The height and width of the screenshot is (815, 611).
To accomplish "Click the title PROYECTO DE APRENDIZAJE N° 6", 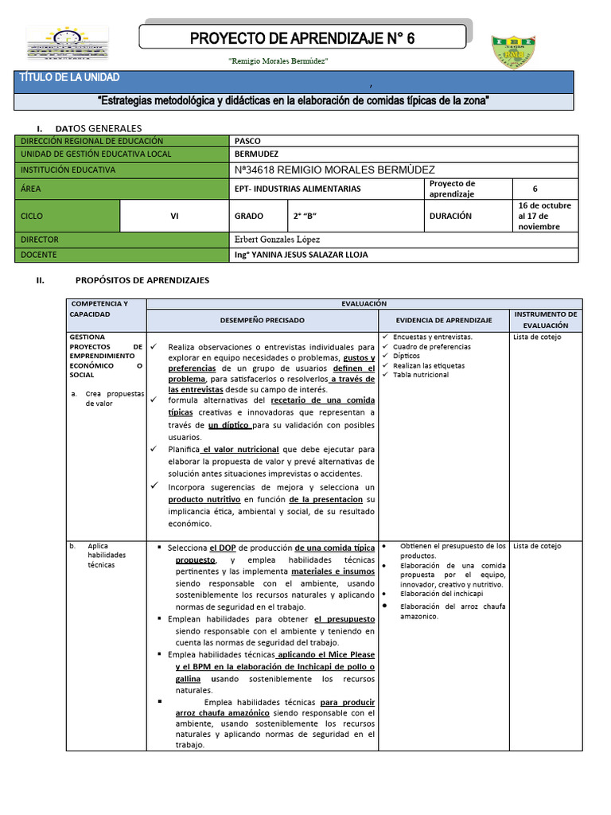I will pyautogui.click(x=302, y=38).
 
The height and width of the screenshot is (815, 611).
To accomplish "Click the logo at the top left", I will pyautogui.click(x=68, y=44).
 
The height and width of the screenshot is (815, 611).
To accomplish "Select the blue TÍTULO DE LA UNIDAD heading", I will pyautogui.click(x=69, y=78).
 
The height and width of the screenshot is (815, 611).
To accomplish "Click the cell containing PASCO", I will pyautogui.click(x=248, y=141).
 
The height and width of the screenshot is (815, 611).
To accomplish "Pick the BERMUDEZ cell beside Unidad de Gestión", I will pyautogui.click(x=257, y=154).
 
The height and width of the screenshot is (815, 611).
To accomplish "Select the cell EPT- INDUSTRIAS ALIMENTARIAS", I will pyautogui.click(x=298, y=189).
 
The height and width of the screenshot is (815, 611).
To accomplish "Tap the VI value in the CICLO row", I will pyautogui.click(x=174, y=216).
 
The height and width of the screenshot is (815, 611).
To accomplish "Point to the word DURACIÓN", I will pyautogui.click(x=450, y=216).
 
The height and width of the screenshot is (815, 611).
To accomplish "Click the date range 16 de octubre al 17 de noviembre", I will pyautogui.click(x=544, y=216).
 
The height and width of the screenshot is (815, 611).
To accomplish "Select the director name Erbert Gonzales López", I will pyautogui.click(x=278, y=240).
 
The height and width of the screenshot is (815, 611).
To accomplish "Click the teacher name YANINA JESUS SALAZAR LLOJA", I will pyautogui.click(x=302, y=255).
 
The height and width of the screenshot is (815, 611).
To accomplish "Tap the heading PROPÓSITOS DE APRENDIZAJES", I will pyautogui.click(x=142, y=280).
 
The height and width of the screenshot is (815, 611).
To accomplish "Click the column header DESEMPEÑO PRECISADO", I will pyautogui.click(x=262, y=319).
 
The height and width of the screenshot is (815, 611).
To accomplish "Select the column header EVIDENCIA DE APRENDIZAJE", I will pyautogui.click(x=445, y=319).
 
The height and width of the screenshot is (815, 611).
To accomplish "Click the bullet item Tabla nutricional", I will pyautogui.click(x=421, y=375).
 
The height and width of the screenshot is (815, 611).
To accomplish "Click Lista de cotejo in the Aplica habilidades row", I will pyautogui.click(x=537, y=546).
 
